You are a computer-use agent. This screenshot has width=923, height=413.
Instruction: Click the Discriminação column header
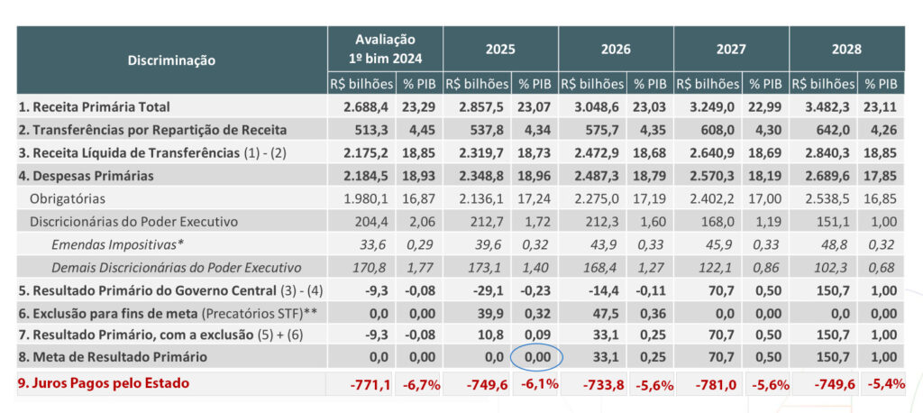pyautogui.click(x=170, y=60)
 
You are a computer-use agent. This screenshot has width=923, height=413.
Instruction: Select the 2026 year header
pyautogui.click(x=616, y=49)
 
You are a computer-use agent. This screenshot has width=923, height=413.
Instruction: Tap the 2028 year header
pyautogui.click(x=846, y=49)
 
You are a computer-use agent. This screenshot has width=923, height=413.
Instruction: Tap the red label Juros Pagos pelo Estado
pyautogui.click(x=105, y=382)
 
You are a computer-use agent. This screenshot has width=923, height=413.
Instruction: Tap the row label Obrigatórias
pyautogui.click(x=68, y=197)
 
